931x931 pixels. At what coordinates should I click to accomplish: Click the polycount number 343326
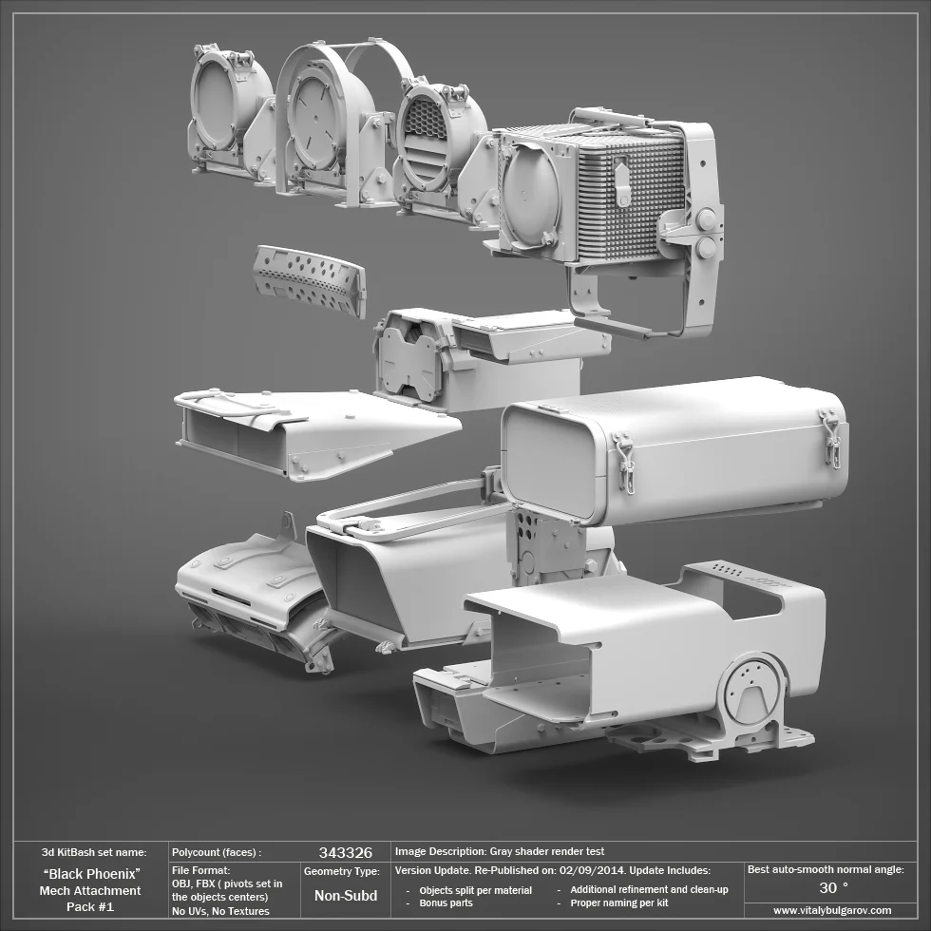tap(345, 852)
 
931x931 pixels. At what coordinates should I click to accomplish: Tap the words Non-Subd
tap(345, 895)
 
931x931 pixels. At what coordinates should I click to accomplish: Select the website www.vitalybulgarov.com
tap(832, 910)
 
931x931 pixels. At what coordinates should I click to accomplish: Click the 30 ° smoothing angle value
tap(833, 887)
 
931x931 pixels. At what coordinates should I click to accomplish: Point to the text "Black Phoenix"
tap(91, 873)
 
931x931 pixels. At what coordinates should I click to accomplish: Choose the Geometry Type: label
tap(341, 871)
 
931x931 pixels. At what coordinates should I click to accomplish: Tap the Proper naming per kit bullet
tap(618, 902)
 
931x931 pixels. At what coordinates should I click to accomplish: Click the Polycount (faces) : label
tap(216, 852)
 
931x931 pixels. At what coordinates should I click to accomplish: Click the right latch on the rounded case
tap(832, 439)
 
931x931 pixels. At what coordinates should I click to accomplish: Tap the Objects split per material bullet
tap(475, 890)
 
